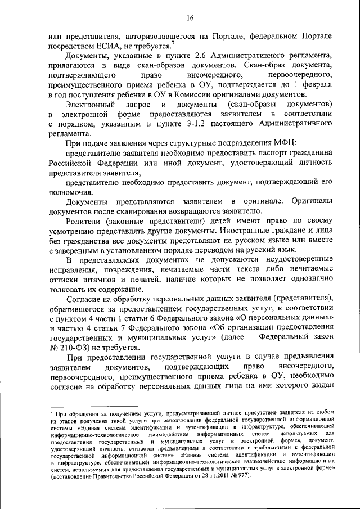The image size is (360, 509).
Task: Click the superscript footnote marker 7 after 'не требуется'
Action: pyautogui.click(x=174, y=44)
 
